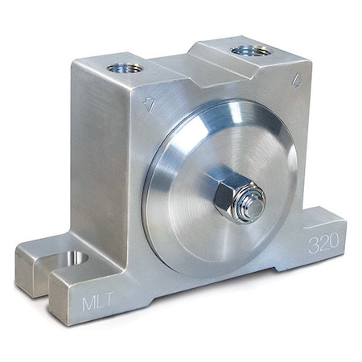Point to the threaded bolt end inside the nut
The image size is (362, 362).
coord(253,207)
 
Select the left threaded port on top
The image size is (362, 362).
coord(126,68)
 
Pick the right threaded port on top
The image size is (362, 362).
coord(250,51)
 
